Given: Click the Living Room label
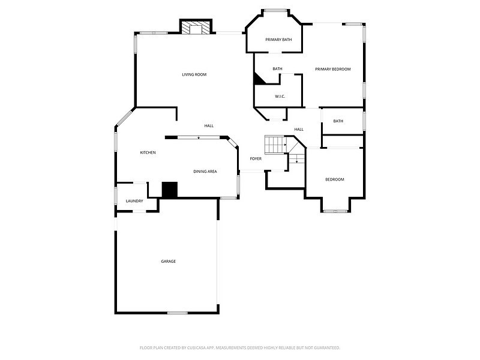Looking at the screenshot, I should pyautogui.click(x=194, y=74).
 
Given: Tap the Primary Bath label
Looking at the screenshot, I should pyautogui.click(x=278, y=40).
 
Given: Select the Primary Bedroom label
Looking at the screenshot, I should pyautogui.click(x=333, y=69).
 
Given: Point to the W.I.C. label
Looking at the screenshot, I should pyautogui.click(x=280, y=96).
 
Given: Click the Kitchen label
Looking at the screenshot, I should pyautogui.click(x=148, y=152).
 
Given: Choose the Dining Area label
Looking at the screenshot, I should pyautogui.click(x=205, y=172).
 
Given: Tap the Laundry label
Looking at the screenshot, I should pyautogui.click(x=134, y=201).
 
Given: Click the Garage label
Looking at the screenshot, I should pyautogui.click(x=168, y=261).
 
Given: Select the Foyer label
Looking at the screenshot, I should pyautogui.click(x=256, y=158).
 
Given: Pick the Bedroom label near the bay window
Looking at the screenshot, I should pyautogui.click(x=335, y=179).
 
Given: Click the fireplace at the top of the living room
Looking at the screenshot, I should pyautogui.click(x=197, y=28).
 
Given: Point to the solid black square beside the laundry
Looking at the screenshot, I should pyautogui.click(x=170, y=190).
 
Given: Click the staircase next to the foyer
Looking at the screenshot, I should pyautogui.click(x=275, y=145).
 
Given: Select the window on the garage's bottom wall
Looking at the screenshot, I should pyautogui.click(x=177, y=313).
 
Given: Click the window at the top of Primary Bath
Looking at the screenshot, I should pyautogui.click(x=275, y=10).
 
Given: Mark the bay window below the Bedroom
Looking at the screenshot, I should pyautogui.click(x=335, y=210).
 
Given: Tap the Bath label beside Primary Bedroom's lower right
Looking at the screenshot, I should pyautogui.click(x=338, y=121).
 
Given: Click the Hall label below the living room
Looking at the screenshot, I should pyautogui.click(x=209, y=125).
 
